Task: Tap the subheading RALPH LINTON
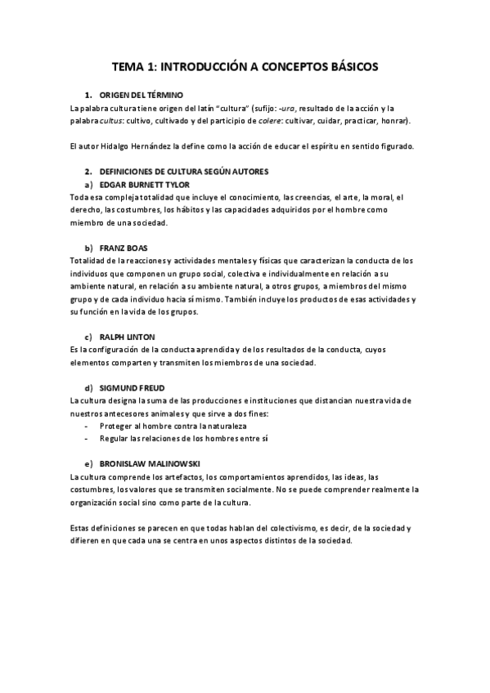tap(127, 337)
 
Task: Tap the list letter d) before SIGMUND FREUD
tap(88, 387)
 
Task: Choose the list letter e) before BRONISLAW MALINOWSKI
tap(88, 463)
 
